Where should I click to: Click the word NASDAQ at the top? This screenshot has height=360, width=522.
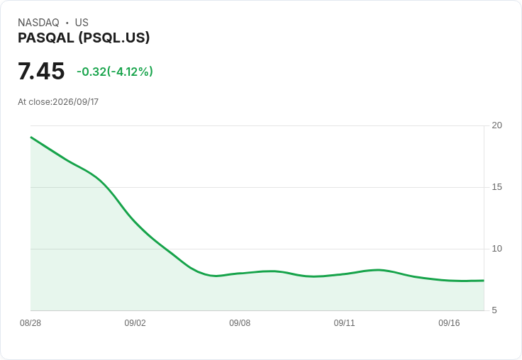(x=38, y=23)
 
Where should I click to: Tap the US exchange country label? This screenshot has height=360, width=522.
(x=82, y=23)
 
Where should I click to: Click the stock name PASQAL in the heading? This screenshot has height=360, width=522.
(x=46, y=38)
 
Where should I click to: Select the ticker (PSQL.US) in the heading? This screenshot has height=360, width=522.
(x=114, y=38)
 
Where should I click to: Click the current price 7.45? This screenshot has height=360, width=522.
(x=41, y=71)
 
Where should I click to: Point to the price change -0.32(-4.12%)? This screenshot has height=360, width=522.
(x=115, y=72)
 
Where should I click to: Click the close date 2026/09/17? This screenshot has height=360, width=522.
(x=76, y=102)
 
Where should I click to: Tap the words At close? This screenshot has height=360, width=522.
(x=35, y=102)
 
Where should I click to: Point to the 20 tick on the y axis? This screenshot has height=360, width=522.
(x=496, y=125)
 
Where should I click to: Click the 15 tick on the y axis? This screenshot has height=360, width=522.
(x=496, y=187)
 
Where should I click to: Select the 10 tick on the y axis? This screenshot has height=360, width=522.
(x=496, y=249)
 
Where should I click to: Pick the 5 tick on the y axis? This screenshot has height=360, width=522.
(x=494, y=310)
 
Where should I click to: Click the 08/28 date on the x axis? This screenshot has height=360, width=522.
(x=30, y=323)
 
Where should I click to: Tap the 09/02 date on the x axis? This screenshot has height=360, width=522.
(x=135, y=323)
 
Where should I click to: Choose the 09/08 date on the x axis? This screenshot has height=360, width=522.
(x=240, y=323)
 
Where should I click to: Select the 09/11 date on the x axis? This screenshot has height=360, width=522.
(x=344, y=323)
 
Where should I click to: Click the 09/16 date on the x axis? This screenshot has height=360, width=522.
(x=449, y=323)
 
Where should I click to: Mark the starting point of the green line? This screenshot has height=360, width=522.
(x=31, y=137)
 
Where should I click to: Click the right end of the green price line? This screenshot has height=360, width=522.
(x=484, y=281)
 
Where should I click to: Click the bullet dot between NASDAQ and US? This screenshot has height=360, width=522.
(x=67, y=23)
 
